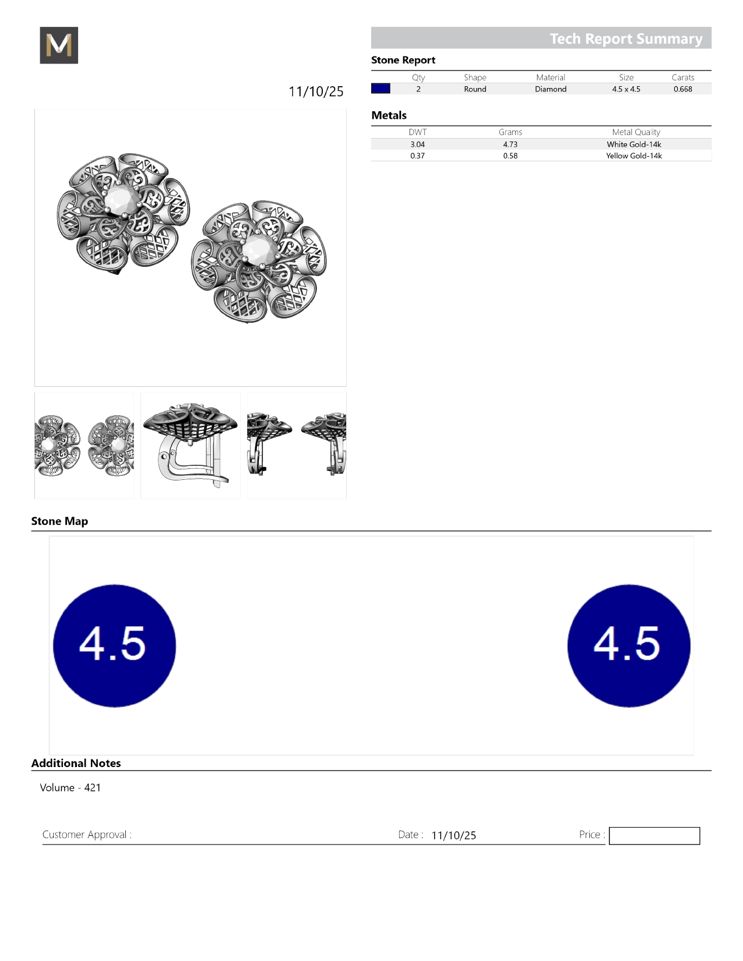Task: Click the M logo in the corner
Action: [x=59, y=45]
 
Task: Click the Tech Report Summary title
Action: [x=626, y=38]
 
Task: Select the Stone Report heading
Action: [x=403, y=60]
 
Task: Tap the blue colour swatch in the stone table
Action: [x=381, y=89]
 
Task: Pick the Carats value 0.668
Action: [x=682, y=89]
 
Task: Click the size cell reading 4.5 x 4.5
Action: [x=626, y=89]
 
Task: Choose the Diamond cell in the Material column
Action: [x=550, y=89]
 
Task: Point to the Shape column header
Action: [x=475, y=77]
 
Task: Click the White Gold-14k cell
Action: [x=633, y=144]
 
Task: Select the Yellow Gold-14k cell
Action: [x=633, y=156]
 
